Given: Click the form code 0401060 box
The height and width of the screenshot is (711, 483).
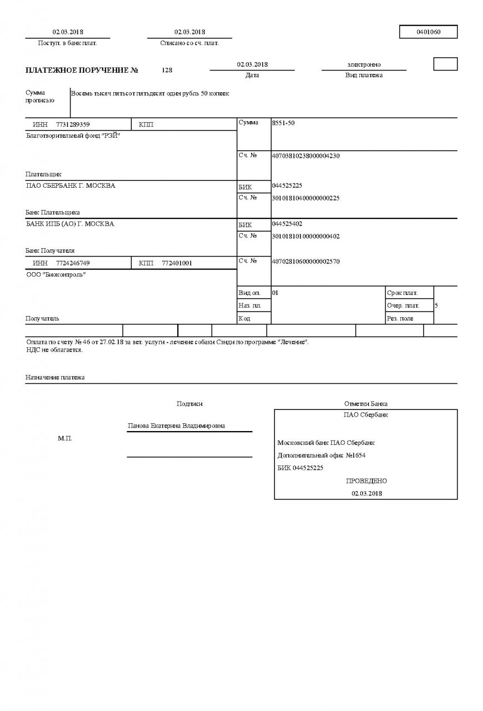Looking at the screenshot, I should tap(428, 32).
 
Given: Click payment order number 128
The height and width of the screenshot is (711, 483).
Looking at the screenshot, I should tap(167, 71).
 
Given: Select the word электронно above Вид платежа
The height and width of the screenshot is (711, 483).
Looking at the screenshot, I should tap(364, 65).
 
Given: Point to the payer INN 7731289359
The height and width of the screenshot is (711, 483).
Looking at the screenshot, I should tap(73, 124).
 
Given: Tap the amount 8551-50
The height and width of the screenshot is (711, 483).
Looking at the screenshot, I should tap(283, 123).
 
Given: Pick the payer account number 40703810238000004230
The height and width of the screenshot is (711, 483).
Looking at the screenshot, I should tap(305, 156).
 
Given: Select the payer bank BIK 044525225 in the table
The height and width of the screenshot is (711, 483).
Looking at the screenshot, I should tap(287, 186).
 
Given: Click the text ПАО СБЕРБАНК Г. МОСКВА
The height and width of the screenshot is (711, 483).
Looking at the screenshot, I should tap(71, 186).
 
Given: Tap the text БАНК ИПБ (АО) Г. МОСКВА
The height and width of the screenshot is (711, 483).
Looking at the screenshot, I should tap(70, 224).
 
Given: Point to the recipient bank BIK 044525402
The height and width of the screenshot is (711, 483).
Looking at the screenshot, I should tap(287, 223).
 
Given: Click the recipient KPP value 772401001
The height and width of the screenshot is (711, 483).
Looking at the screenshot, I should tap(177, 263).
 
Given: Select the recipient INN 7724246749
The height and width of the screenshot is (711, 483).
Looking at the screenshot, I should tap(73, 263).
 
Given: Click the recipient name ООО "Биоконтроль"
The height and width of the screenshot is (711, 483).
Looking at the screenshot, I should tap(56, 275).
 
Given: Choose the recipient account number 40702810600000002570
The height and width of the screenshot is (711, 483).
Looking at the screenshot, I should tap(305, 261).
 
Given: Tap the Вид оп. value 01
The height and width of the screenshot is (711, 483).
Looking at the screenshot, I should tap(275, 292).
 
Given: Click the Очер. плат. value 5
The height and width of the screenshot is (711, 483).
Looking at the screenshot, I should tap(436, 306).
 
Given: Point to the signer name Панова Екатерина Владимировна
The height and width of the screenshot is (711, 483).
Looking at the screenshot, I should tap(176, 426).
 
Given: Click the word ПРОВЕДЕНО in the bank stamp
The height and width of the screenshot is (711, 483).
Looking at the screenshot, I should tap(366, 481).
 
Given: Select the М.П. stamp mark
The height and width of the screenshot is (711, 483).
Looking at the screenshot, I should tap(65, 439).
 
